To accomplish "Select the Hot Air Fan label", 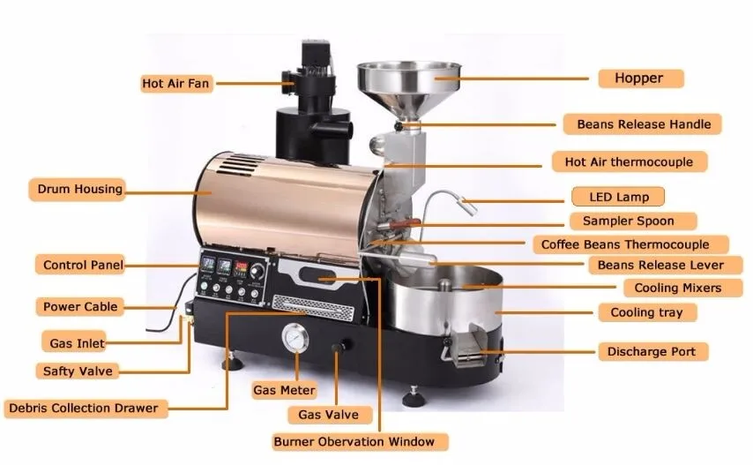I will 175,84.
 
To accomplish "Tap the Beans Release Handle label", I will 643,124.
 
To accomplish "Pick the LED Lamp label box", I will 616,196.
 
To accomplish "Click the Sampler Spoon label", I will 628,221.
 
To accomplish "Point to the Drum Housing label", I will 79,189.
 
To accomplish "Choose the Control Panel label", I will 83,265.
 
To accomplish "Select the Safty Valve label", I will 78,371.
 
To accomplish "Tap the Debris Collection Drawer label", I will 84,409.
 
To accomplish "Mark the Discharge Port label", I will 651,351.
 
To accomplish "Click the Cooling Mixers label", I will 677,288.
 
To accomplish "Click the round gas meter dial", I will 294,340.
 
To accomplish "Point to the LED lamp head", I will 467,207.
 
